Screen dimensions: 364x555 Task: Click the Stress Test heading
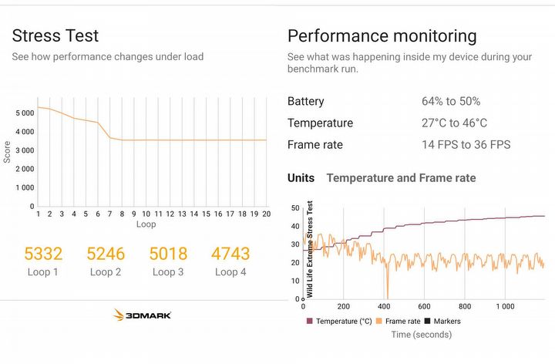(55, 35)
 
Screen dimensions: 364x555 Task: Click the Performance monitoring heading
(382, 35)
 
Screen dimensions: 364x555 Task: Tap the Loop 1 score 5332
(43, 254)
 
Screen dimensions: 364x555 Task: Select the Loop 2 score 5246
(106, 254)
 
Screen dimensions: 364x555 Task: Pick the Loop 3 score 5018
(168, 254)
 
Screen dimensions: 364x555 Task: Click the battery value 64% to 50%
(451, 102)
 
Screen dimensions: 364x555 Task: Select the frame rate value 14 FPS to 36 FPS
(466, 145)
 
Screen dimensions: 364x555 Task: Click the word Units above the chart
(301, 178)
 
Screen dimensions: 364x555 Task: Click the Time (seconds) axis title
(421, 334)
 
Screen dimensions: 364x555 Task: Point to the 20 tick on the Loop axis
(266, 214)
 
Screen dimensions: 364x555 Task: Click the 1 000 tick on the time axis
(505, 306)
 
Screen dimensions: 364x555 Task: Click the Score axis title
(8, 150)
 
